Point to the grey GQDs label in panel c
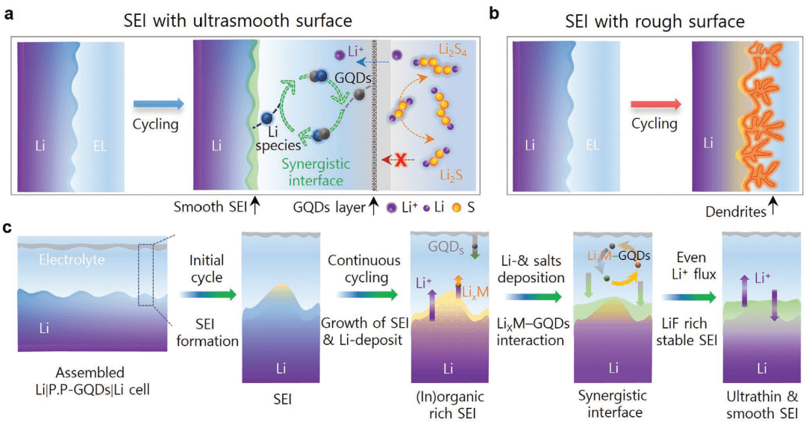[x=446, y=245]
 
